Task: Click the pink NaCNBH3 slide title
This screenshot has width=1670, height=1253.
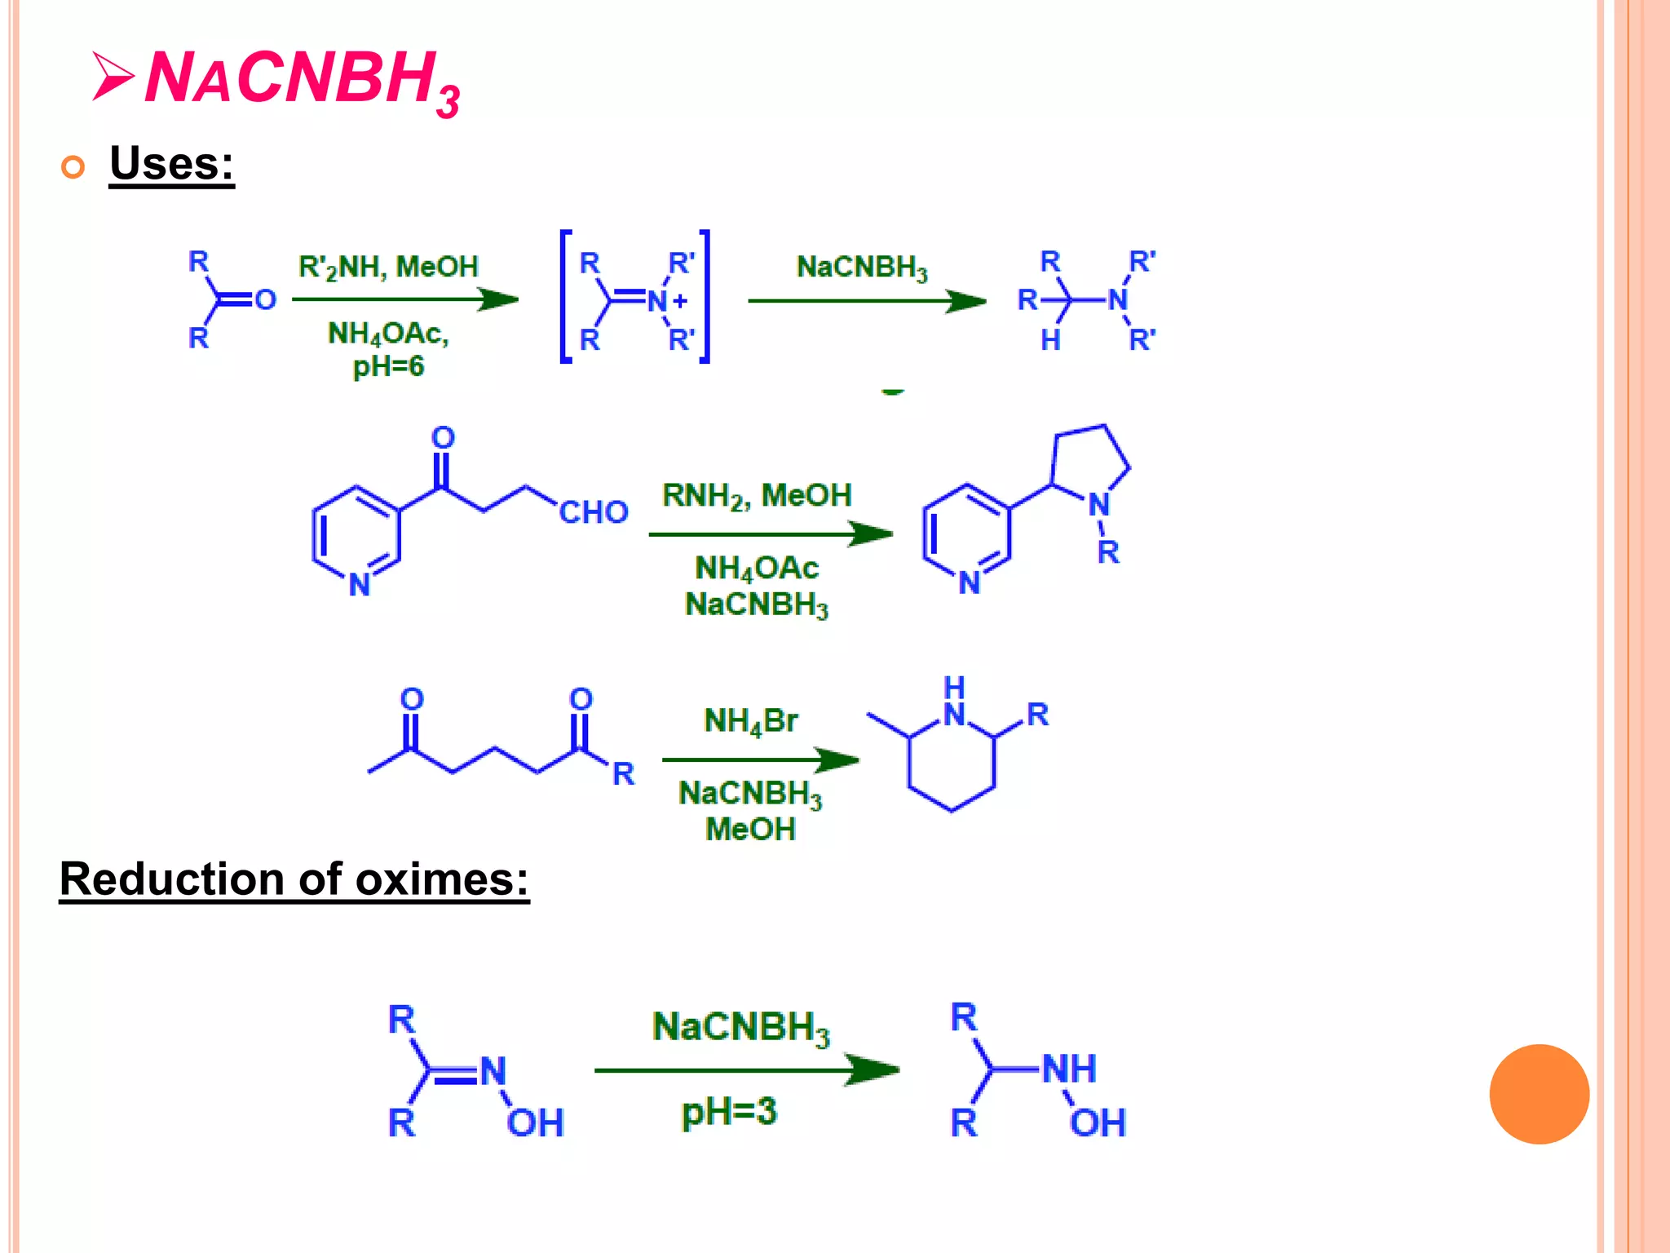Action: [x=302, y=79]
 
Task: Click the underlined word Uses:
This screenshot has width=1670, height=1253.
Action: [x=171, y=163]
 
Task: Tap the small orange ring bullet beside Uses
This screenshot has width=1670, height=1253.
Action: [x=73, y=167]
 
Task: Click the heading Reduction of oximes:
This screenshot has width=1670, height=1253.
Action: [x=294, y=879]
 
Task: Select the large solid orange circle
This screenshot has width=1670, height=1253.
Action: [x=1539, y=1094]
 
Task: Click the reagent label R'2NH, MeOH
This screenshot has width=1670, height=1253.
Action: [x=388, y=267]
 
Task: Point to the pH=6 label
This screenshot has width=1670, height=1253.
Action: [x=388, y=366]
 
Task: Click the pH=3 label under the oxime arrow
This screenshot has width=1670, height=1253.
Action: [x=729, y=1111]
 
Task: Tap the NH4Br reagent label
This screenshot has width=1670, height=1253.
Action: [x=750, y=721]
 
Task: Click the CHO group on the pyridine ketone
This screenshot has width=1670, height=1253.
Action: [x=593, y=512]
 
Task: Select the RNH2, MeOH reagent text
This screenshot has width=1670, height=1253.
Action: [x=757, y=495]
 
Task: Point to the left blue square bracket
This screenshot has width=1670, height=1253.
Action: [x=565, y=297]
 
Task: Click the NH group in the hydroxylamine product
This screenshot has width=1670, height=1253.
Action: [x=1069, y=1069]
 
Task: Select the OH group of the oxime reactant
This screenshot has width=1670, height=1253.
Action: [x=535, y=1123]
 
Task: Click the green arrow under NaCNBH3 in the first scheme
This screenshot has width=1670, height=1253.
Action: [x=866, y=301]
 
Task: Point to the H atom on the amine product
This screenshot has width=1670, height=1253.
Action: [x=1050, y=340]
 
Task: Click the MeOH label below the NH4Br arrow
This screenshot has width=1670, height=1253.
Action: [x=750, y=830]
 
